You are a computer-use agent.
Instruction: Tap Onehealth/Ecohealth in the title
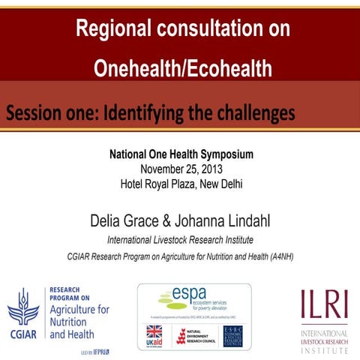point(183,69)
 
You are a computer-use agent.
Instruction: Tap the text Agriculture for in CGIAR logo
point(79,309)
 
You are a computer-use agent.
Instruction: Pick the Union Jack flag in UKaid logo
point(153,331)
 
